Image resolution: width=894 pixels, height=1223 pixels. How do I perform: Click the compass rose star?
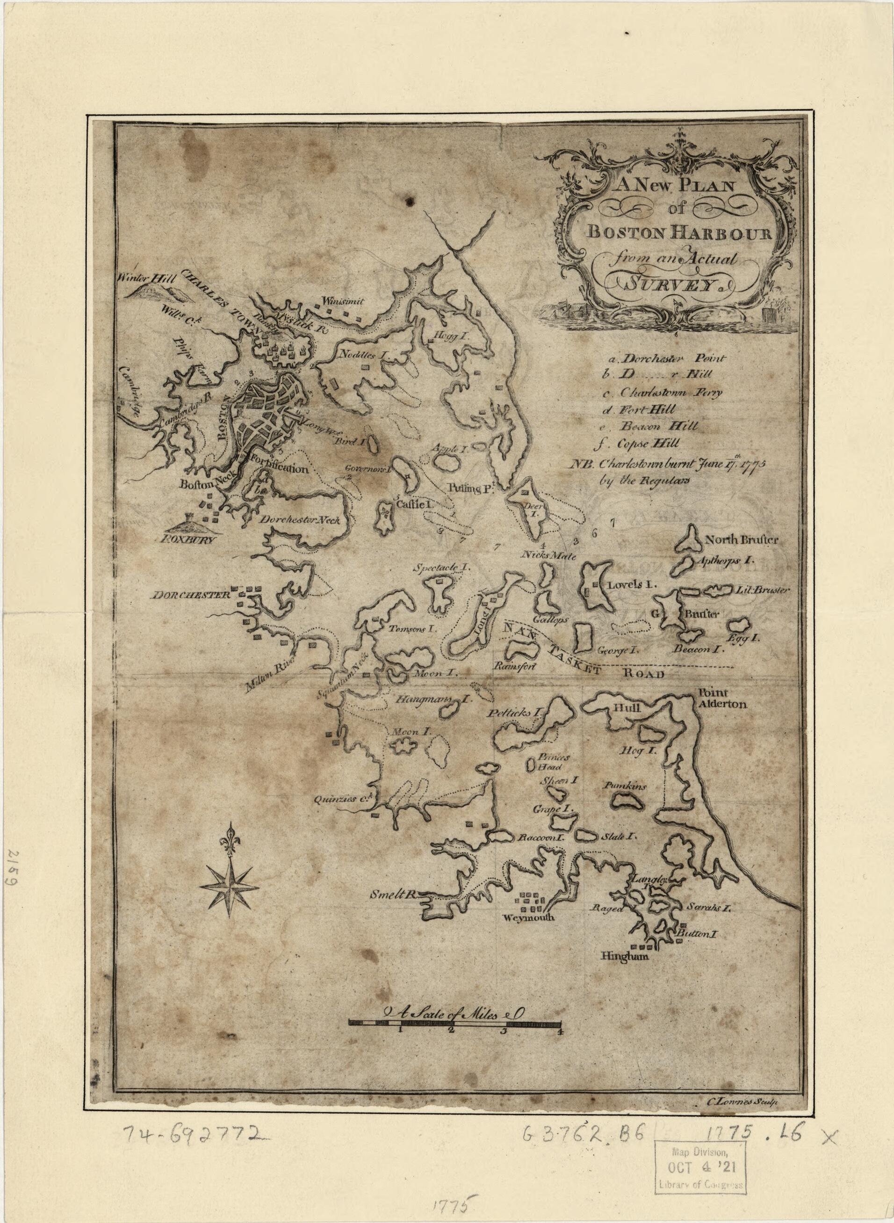click(x=230, y=887)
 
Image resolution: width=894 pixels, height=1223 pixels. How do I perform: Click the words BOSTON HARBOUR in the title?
click(x=680, y=233)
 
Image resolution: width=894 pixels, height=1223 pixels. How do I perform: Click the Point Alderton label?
click(x=722, y=699)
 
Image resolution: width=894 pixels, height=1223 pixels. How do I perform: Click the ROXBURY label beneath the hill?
click(x=190, y=540)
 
